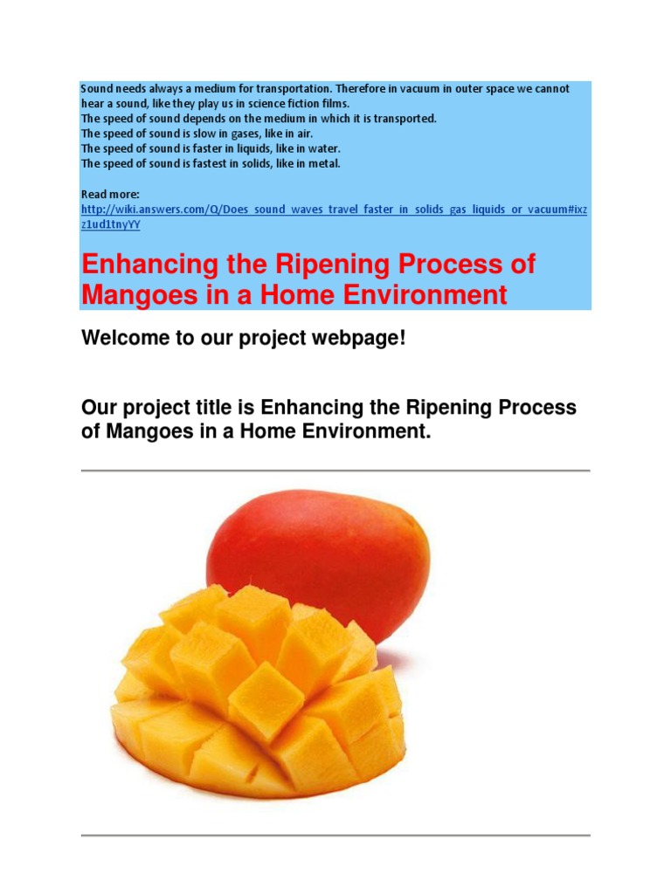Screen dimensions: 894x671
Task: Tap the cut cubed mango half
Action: [x=262, y=690]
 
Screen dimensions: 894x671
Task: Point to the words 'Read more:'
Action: [x=105, y=194]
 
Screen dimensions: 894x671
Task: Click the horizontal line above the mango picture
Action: [x=335, y=471]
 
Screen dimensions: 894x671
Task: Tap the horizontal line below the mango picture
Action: [x=335, y=836]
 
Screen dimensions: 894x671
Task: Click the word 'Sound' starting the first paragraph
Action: [x=97, y=89]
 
